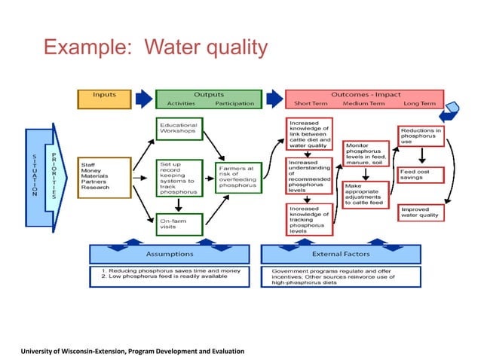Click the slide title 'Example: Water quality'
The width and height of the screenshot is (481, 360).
(x=155, y=48)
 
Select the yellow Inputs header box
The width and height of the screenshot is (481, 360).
(x=104, y=99)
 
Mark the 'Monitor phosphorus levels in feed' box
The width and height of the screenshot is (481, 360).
(x=366, y=154)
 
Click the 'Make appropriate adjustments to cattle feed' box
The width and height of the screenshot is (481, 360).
(x=366, y=194)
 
